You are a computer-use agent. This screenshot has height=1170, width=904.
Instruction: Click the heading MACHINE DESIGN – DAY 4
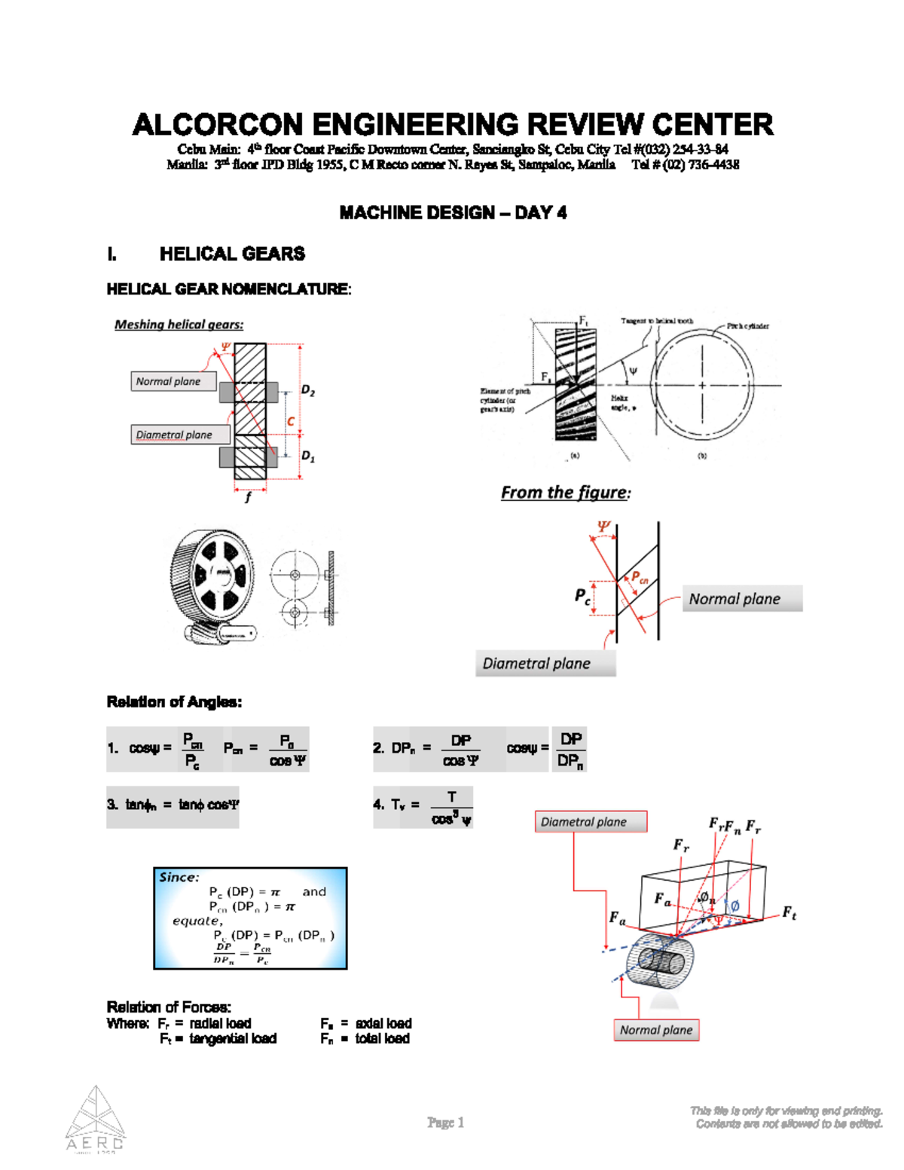(x=452, y=213)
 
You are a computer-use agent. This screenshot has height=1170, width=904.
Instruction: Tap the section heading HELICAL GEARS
(x=232, y=254)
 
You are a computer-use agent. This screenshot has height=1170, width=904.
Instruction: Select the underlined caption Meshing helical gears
(x=179, y=325)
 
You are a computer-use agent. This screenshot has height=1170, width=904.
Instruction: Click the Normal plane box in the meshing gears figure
(x=173, y=381)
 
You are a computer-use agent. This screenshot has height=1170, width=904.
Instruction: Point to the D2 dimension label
(x=308, y=390)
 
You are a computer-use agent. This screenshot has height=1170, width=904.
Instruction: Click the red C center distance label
(x=291, y=422)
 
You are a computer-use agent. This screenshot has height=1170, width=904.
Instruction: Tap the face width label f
(x=248, y=497)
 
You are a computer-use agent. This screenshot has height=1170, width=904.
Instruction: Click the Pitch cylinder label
(x=747, y=326)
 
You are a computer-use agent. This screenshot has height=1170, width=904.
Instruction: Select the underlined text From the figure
(x=564, y=493)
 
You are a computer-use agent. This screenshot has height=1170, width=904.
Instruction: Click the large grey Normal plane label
(x=741, y=599)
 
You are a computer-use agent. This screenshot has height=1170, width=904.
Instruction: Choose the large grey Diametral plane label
(x=545, y=664)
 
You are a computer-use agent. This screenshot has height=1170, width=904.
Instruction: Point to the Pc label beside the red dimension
(x=582, y=597)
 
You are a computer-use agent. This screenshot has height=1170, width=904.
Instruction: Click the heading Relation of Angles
(x=174, y=702)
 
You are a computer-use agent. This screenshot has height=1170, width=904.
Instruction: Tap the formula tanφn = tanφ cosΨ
(x=173, y=805)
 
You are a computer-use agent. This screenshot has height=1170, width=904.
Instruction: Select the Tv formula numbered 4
(x=423, y=806)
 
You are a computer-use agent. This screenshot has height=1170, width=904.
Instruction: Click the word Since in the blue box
(x=179, y=878)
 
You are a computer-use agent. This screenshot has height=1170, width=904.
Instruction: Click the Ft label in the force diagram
(x=788, y=912)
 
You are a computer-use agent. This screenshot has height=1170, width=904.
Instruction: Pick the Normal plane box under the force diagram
(x=656, y=1030)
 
